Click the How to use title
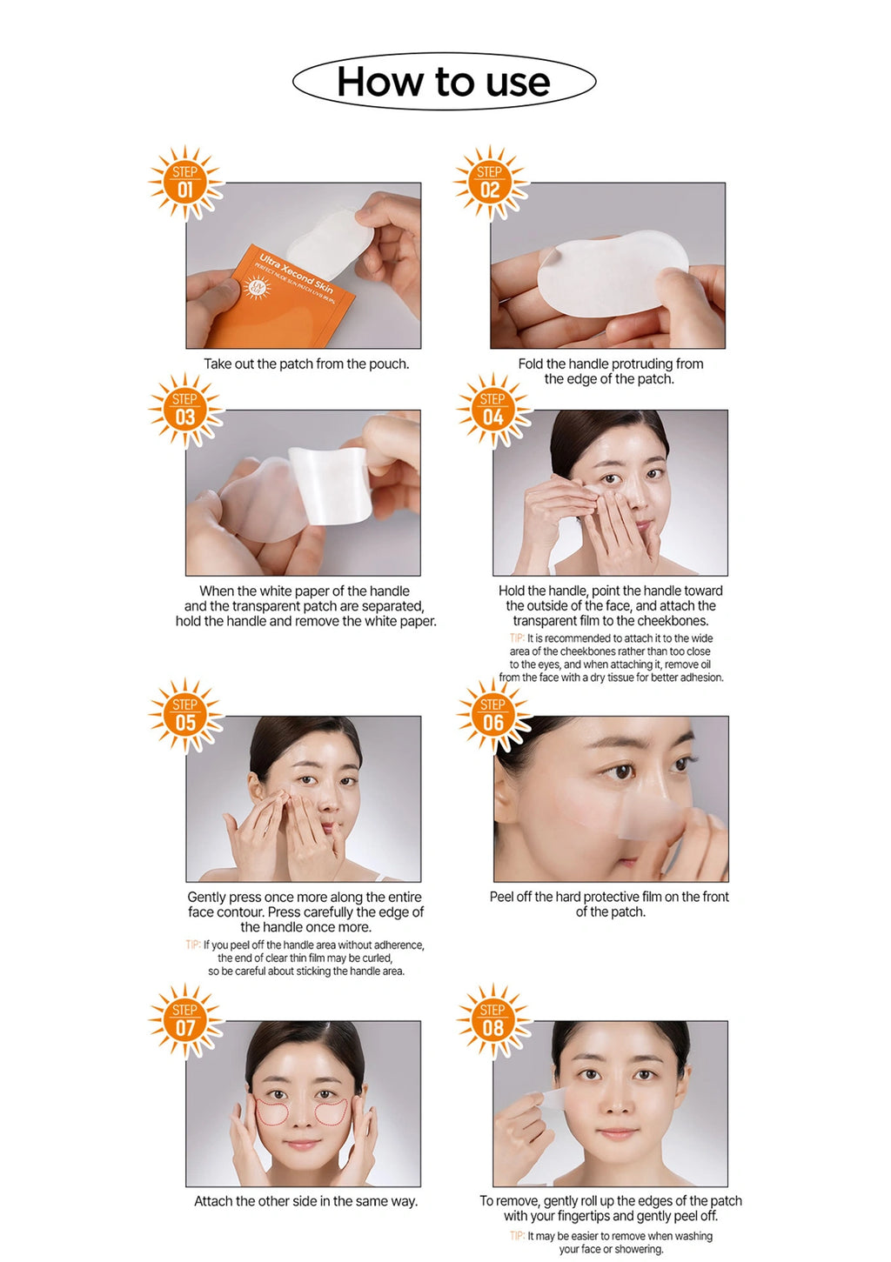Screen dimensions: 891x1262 [x=444, y=83]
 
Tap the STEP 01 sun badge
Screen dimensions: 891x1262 [x=185, y=182]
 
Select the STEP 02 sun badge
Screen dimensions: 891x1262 [x=490, y=182]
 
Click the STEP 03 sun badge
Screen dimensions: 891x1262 [x=185, y=410]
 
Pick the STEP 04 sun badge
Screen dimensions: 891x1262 [x=493, y=410]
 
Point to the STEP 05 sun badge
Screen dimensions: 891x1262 [x=185, y=716]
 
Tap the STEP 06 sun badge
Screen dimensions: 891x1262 [x=493, y=716]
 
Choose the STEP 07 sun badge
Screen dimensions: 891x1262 [x=185, y=1021]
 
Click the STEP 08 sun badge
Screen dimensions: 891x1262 [x=493, y=1021]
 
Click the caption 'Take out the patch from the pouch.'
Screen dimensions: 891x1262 [x=306, y=364]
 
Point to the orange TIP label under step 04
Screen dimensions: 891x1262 [x=517, y=638]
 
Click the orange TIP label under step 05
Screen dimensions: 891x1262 [x=193, y=945]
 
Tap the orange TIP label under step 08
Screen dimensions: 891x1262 [x=517, y=1236]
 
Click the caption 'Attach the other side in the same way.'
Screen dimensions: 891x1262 [x=306, y=1201]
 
